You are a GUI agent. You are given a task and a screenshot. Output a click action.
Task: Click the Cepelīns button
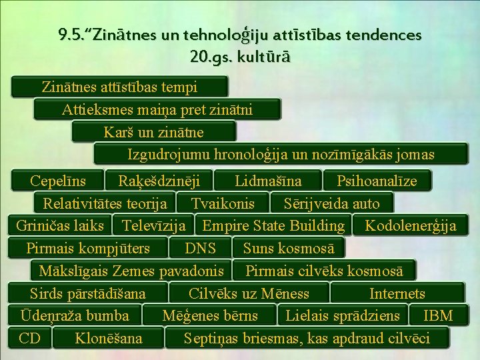point(57,181)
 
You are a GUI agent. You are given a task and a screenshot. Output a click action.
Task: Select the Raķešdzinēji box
point(159,181)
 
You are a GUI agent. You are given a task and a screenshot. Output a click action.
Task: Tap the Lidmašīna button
point(268,181)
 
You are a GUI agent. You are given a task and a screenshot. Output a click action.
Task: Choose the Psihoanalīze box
point(377,181)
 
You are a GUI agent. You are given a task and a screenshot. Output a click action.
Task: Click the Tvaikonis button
point(223,203)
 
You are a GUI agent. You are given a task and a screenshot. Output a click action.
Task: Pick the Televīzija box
point(153,225)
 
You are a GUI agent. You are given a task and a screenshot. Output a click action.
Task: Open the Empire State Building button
point(273,225)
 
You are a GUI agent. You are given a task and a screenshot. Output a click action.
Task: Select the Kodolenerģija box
point(411,225)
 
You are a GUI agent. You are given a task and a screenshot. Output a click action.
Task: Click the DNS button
point(200,248)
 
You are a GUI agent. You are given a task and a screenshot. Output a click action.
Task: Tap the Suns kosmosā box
point(289,248)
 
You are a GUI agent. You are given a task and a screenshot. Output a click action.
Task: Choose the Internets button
point(397,293)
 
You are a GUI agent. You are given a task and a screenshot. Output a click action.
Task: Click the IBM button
point(439,315)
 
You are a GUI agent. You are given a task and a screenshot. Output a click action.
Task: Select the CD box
point(30,338)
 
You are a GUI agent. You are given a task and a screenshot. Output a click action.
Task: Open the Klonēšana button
point(109,338)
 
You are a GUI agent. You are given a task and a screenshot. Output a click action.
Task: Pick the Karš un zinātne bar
point(154,132)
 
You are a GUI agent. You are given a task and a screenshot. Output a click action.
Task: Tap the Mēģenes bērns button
point(210,315)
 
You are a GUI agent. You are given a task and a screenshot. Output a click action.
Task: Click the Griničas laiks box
point(60,225)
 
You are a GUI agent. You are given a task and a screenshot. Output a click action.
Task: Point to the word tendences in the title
point(384,35)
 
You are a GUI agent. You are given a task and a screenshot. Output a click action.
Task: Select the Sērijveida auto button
point(331,203)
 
